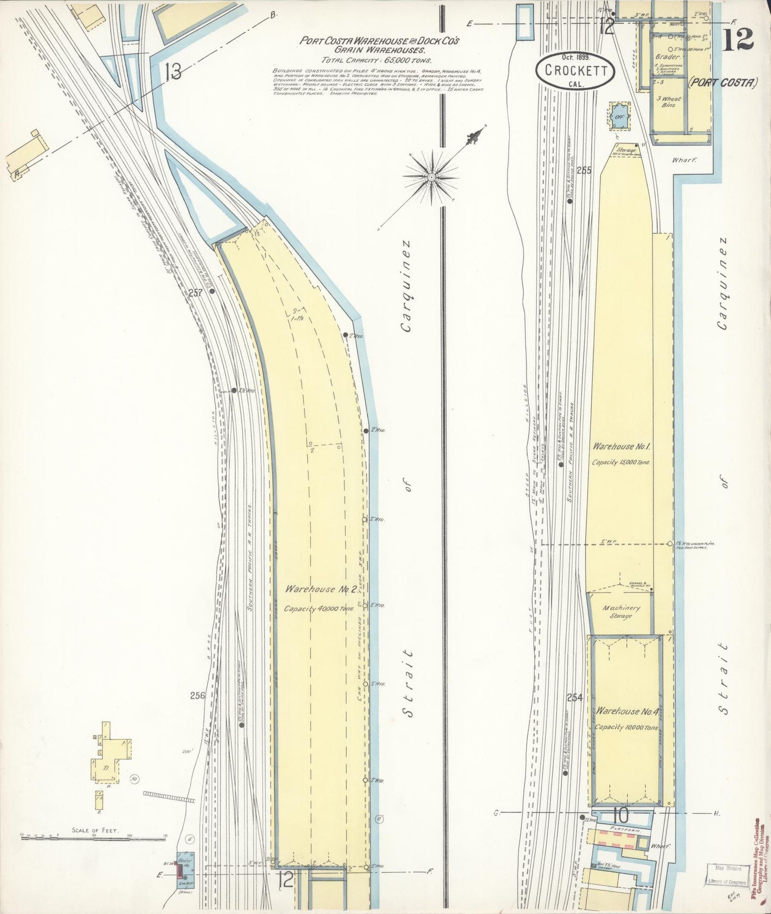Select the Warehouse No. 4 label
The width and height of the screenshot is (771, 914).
click(625, 711)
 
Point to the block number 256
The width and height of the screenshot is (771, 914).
click(198, 695)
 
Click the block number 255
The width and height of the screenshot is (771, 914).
click(584, 171)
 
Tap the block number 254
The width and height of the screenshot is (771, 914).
click(575, 697)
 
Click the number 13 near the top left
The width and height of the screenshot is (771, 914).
click(173, 71)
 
